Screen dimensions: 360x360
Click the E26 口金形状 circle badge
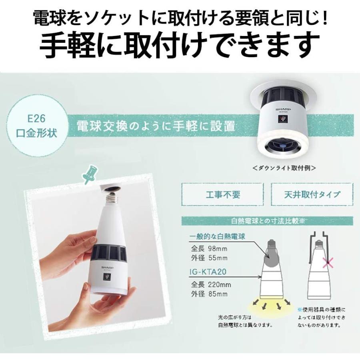tap(42, 127)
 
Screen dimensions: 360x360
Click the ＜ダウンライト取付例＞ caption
tap(284, 168)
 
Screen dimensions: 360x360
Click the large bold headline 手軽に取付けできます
tap(180, 45)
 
